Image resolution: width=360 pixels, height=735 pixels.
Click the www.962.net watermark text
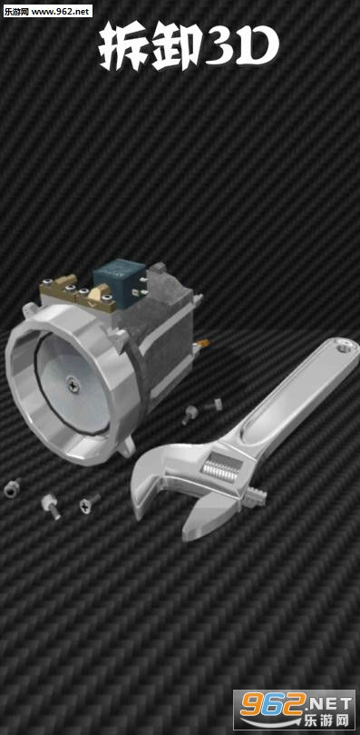(62, 11)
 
